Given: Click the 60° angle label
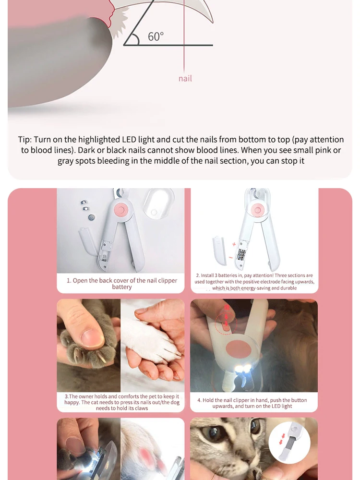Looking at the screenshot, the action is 156,37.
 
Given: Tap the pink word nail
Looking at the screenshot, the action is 185,79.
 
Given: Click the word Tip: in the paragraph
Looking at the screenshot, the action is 25,140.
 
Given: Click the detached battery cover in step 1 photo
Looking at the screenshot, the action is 88,241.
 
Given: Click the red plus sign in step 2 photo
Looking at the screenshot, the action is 234,244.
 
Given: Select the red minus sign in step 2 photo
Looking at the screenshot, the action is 230,257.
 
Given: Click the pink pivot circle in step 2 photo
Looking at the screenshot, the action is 258,210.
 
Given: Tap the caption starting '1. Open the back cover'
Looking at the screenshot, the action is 122,284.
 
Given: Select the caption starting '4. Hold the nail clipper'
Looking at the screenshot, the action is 252,403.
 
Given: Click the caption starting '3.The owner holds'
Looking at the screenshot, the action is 122,402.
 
